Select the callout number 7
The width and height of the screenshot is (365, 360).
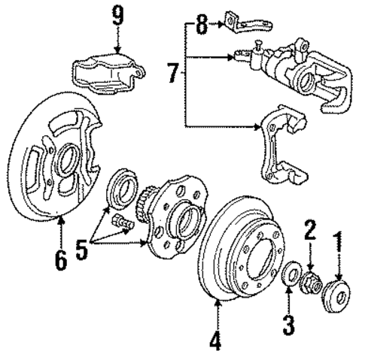(173, 75)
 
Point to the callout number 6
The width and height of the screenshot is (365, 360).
(60, 260)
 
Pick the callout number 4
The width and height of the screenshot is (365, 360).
(216, 340)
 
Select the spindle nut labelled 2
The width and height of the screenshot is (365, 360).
(311, 285)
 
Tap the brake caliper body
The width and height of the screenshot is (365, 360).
(301, 75)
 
